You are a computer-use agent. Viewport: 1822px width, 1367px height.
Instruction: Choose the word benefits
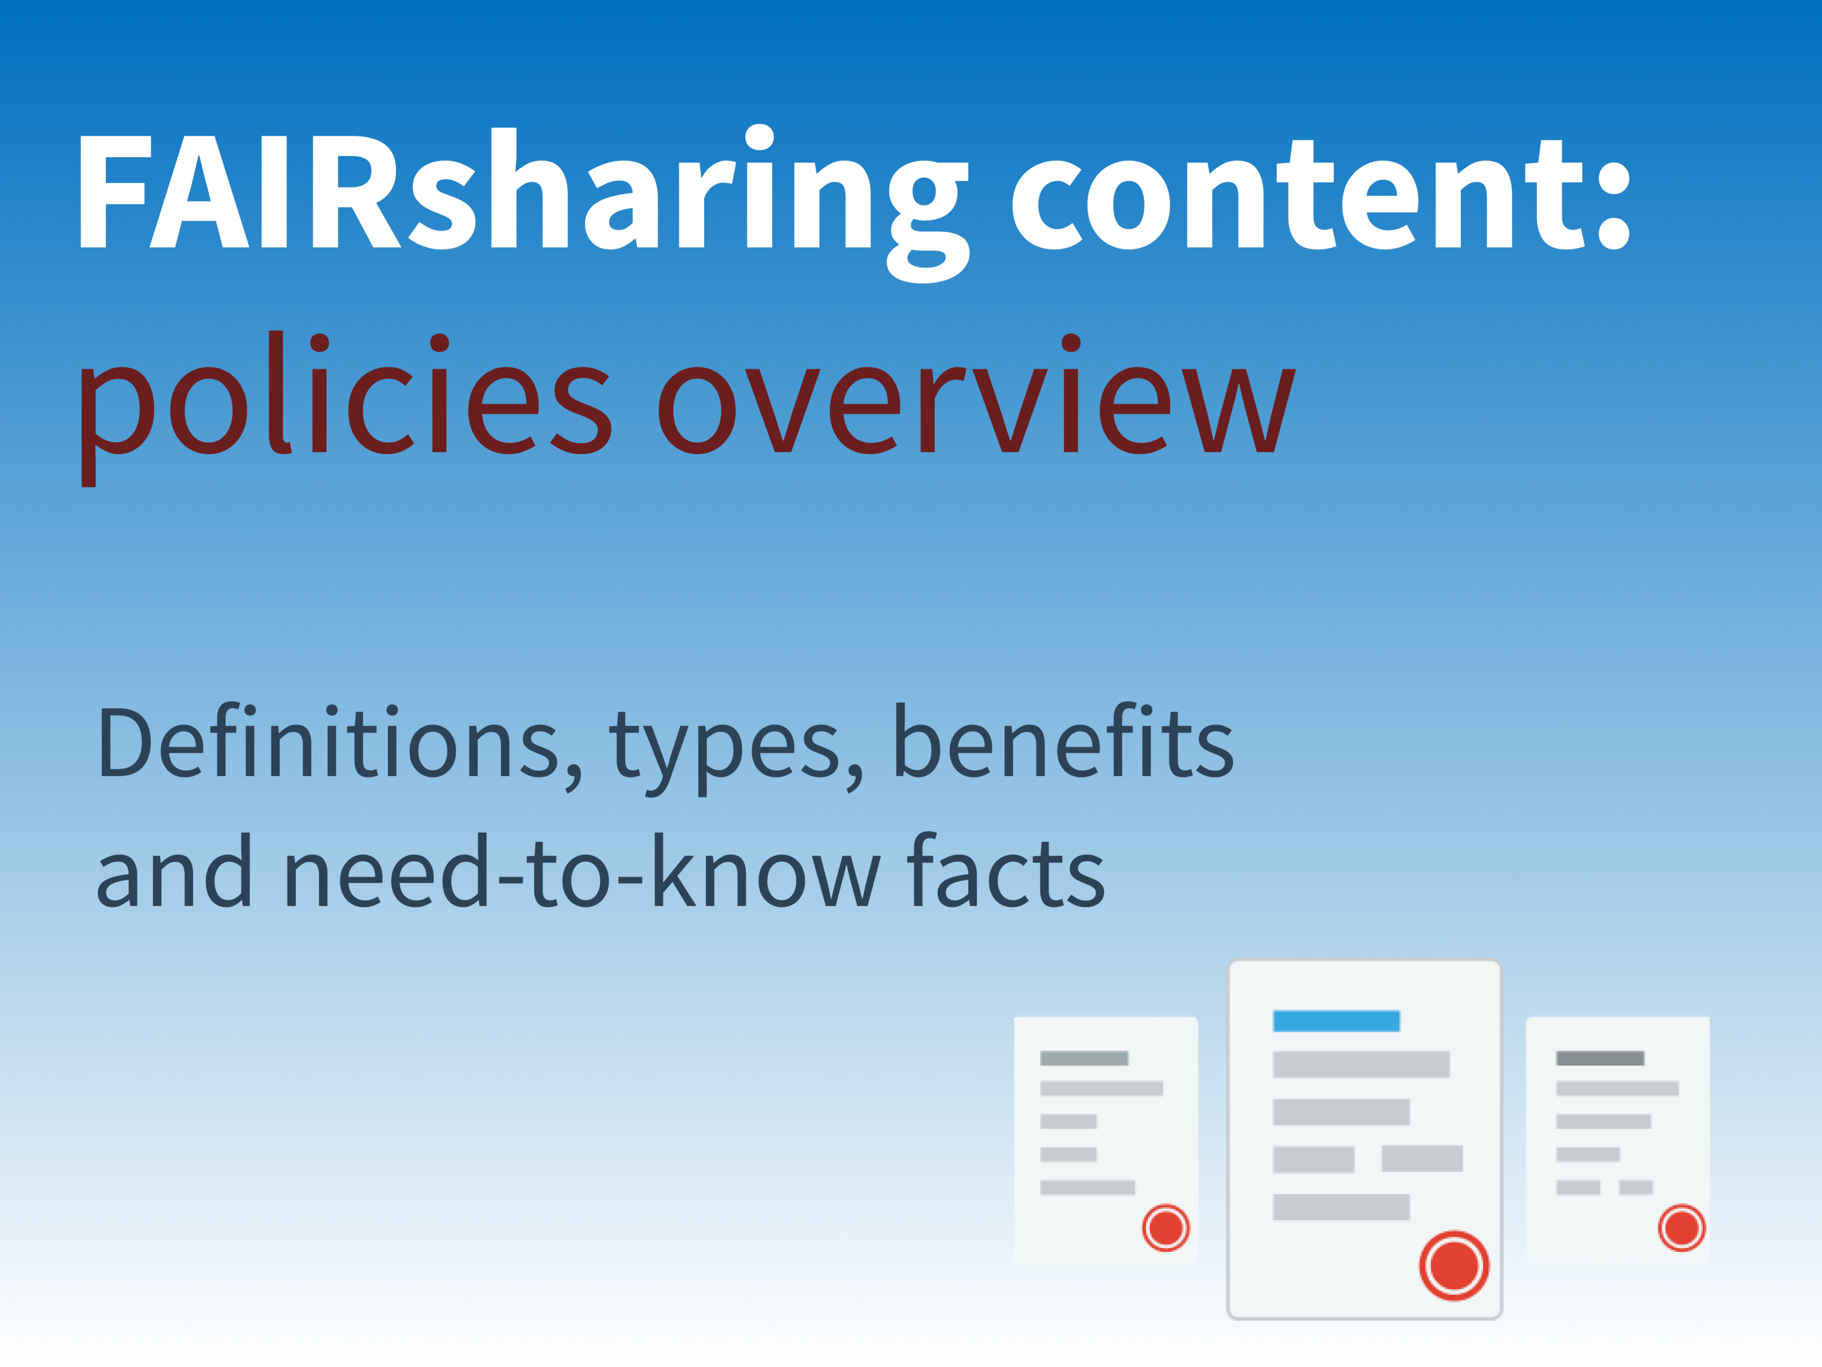tap(1064, 740)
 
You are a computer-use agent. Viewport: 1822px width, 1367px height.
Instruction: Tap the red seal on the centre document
tap(1454, 1266)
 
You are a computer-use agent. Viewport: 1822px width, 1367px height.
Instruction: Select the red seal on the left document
tap(1166, 1228)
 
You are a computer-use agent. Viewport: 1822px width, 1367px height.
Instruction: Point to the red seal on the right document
tap(1681, 1228)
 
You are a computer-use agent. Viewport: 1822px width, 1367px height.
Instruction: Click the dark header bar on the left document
tap(1084, 1058)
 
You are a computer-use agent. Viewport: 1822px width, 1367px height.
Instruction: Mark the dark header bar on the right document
tap(1600, 1058)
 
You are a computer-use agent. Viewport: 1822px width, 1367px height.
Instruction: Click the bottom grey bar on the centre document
tap(1341, 1207)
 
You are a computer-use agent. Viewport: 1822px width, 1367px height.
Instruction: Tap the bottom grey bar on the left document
tap(1087, 1187)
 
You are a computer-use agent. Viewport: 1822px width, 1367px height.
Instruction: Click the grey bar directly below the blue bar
tap(1361, 1064)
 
